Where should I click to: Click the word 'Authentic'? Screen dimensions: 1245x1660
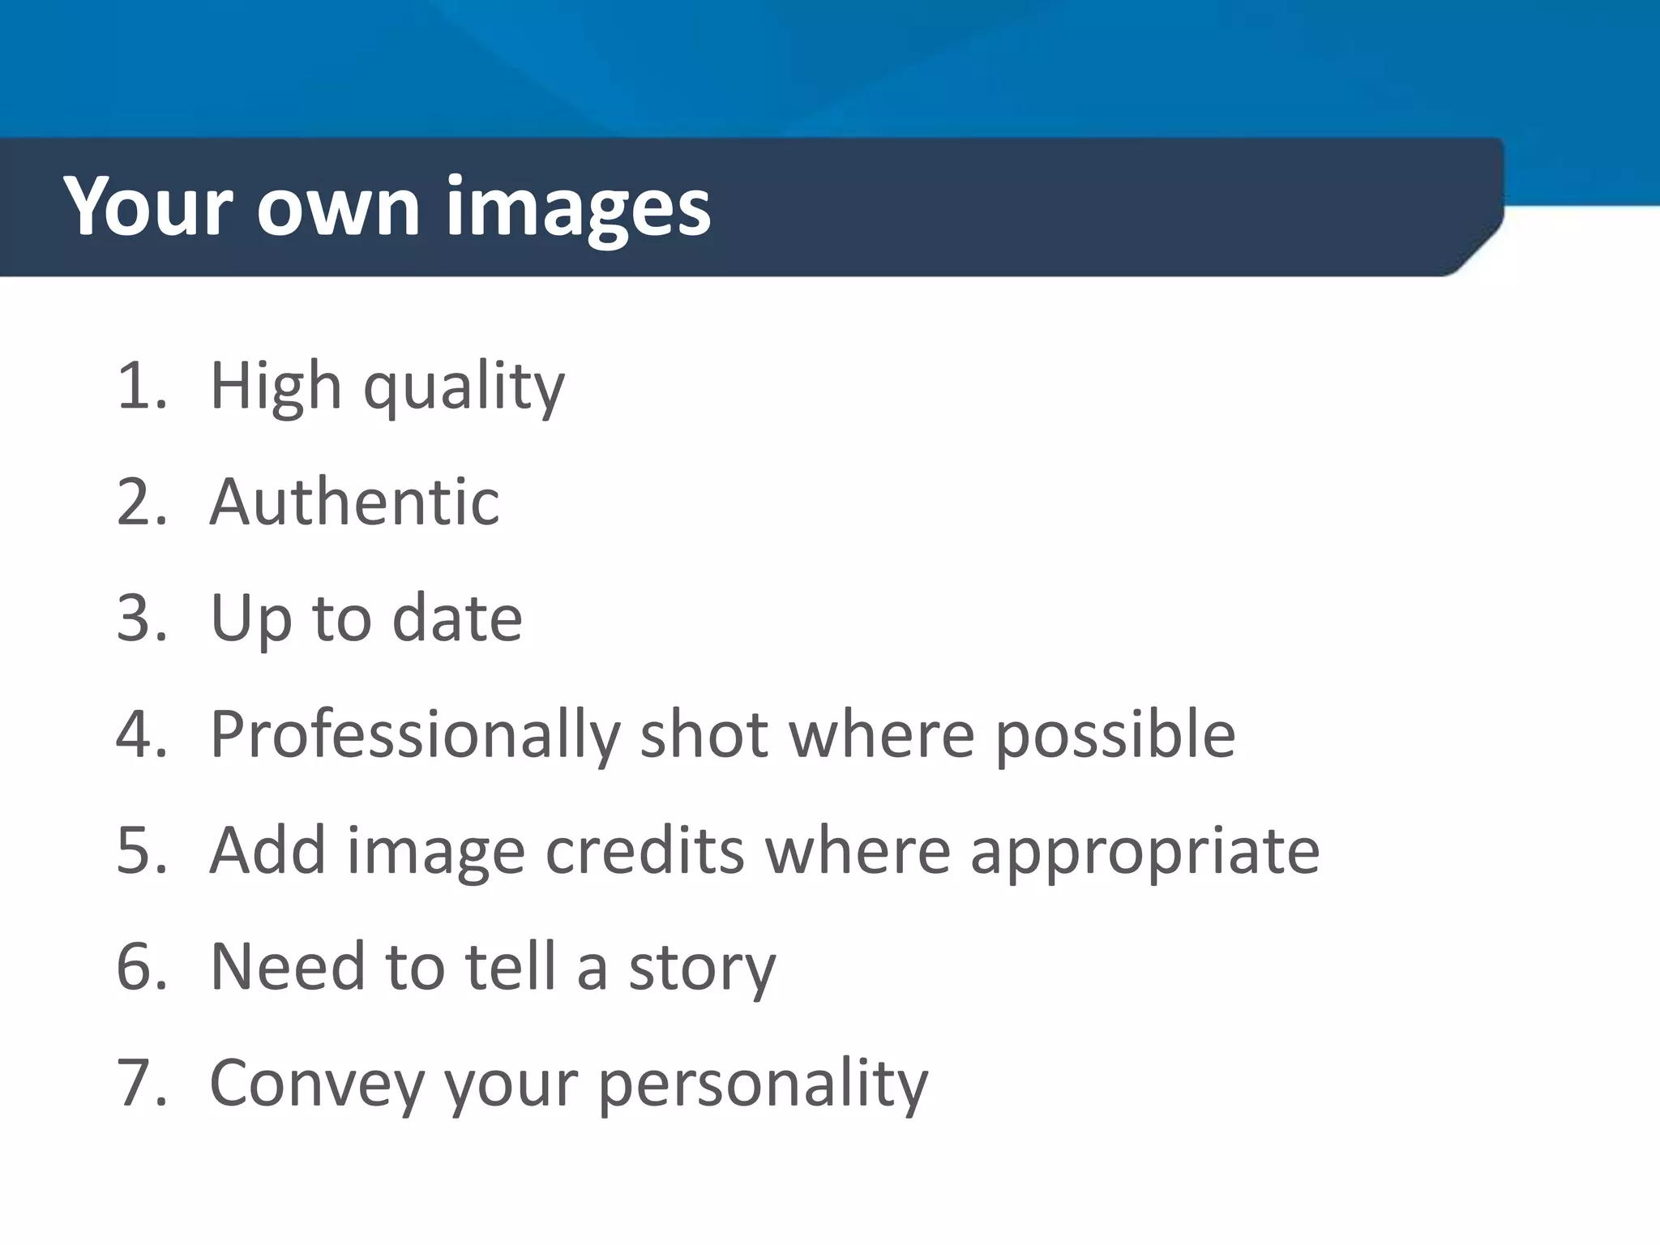pyautogui.click(x=354, y=503)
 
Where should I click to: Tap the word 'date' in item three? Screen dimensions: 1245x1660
pyautogui.click(x=457, y=618)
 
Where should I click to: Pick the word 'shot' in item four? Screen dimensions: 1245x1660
pyautogui.click(x=704, y=734)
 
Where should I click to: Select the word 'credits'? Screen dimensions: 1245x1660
pyautogui.click(x=644, y=851)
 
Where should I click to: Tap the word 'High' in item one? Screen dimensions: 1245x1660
pyautogui.click(x=276, y=387)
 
